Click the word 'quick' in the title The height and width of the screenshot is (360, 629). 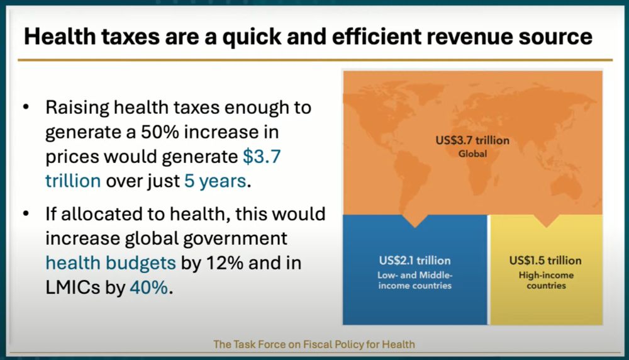[x=251, y=37]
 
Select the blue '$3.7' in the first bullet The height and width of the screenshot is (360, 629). [x=262, y=156]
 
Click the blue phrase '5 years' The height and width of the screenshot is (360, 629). [x=215, y=181]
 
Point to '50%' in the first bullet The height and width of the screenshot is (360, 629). [x=160, y=132]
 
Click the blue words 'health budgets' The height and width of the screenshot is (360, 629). [x=111, y=263]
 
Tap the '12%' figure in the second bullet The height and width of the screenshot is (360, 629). [x=225, y=263]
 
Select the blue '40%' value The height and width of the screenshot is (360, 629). [x=148, y=288]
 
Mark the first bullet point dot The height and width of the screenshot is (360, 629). [x=26, y=107]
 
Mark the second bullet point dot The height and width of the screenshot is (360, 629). [x=26, y=213]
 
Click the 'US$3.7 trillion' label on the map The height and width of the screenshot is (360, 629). [x=472, y=140]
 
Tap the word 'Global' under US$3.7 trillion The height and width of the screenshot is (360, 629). [x=472, y=154]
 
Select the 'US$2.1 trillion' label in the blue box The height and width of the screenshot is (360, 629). [x=415, y=261]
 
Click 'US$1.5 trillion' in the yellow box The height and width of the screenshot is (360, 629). [x=545, y=261]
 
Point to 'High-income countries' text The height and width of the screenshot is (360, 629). [x=546, y=280]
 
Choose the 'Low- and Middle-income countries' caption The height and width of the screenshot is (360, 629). [x=415, y=280]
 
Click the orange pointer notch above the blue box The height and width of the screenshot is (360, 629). [x=415, y=220]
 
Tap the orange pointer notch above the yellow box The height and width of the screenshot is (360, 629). [x=545, y=220]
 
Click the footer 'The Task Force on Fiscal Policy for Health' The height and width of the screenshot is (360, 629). [x=314, y=344]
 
